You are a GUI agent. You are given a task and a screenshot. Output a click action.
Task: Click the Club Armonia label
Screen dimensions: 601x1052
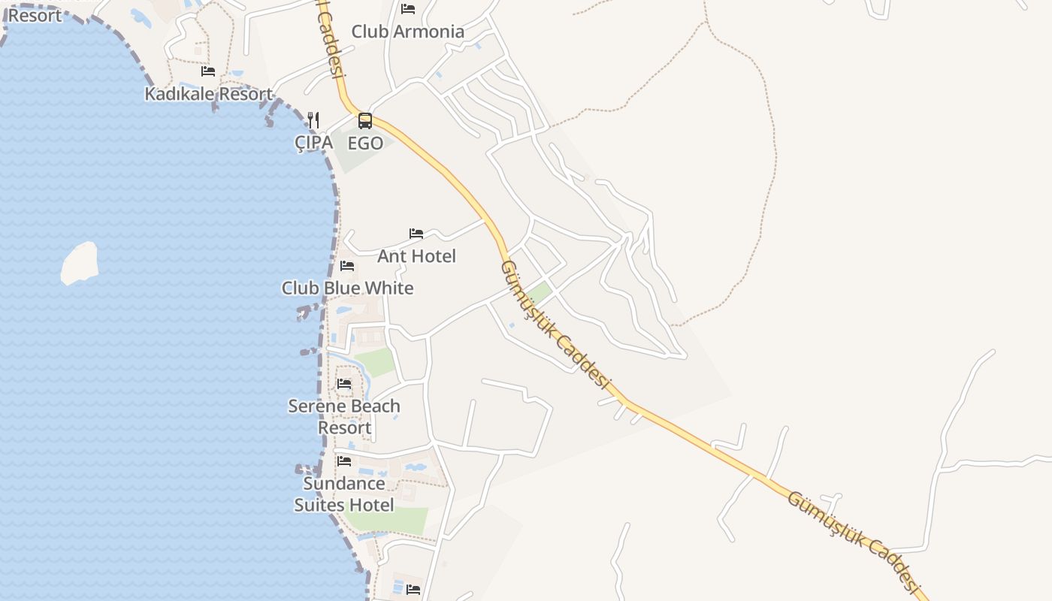click(x=408, y=32)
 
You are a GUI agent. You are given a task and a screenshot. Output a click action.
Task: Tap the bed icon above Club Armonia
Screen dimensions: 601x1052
click(x=408, y=9)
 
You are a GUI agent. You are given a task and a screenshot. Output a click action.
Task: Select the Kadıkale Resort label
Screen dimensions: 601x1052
click(x=208, y=94)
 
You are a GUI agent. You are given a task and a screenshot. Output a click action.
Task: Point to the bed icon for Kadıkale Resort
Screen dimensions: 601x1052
click(x=208, y=71)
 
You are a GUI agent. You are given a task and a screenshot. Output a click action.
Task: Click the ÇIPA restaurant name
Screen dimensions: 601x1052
click(x=313, y=142)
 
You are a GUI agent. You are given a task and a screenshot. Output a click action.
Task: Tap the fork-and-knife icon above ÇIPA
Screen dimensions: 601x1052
click(x=313, y=120)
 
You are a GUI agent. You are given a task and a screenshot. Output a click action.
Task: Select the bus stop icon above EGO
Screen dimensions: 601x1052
click(x=365, y=120)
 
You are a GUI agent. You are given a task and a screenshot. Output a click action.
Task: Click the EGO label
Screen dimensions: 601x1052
click(x=365, y=143)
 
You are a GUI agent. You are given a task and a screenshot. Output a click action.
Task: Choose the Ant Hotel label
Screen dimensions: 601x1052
click(x=416, y=256)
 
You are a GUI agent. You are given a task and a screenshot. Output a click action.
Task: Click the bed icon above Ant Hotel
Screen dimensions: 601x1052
click(x=416, y=234)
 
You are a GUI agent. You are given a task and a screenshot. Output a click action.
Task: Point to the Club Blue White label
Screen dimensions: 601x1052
click(x=347, y=288)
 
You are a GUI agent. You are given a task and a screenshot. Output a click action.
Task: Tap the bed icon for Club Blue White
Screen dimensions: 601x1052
click(x=347, y=266)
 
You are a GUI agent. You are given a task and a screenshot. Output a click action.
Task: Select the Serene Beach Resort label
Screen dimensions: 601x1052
click(x=344, y=416)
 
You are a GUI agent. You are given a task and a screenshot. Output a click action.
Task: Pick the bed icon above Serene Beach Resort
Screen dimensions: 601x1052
click(x=344, y=384)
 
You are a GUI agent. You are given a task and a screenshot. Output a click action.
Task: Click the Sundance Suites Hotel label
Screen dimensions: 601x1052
click(x=344, y=494)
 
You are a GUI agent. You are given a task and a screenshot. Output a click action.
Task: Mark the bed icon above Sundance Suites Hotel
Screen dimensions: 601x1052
click(x=344, y=461)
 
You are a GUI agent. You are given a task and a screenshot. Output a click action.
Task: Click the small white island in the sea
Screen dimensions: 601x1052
click(x=80, y=263)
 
